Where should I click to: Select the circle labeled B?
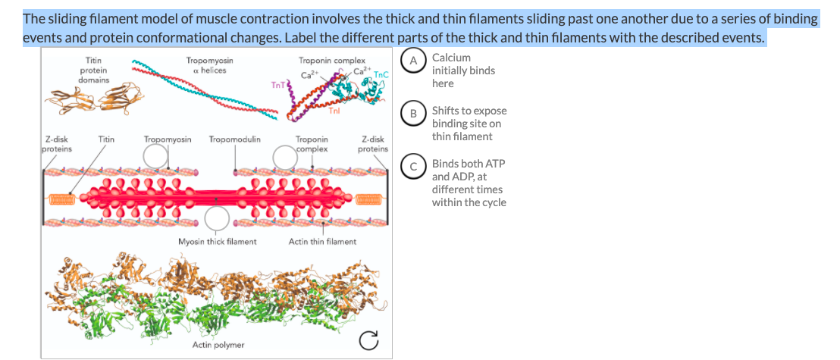(x=414, y=114)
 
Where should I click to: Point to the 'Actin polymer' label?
(x=218, y=345)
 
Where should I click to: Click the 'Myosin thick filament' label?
(x=217, y=242)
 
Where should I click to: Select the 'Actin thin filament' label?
(x=322, y=242)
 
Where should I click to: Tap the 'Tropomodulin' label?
(x=235, y=139)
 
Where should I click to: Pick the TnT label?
(x=276, y=85)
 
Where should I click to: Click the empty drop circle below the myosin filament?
(x=218, y=219)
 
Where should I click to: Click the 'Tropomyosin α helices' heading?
(x=209, y=65)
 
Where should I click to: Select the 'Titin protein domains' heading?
(x=94, y=70)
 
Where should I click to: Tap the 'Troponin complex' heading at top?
(x=332, y=61)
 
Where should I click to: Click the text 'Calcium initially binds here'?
(x=462, y=70)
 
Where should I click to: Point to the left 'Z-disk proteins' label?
(x=58, y=144)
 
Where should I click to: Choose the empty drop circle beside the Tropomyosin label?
(x=157, y=156)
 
